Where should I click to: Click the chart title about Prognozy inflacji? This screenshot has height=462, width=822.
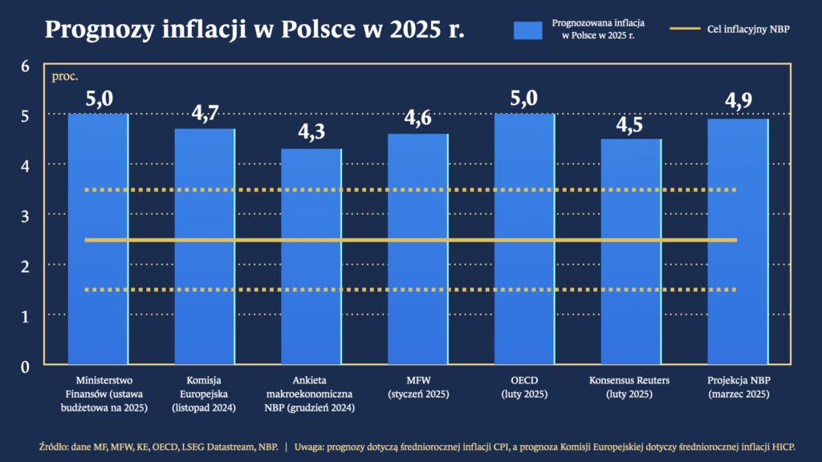(x=254, y=30)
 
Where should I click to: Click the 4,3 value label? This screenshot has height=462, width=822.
(x=311, y=132)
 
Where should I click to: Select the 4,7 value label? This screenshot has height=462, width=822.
(x=205, y=112)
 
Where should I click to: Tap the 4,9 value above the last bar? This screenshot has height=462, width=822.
(x=738, y=102)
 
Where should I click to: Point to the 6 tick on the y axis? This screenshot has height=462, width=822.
(x=25, y=66)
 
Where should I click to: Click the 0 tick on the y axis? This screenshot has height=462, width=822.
(x=25, y=367)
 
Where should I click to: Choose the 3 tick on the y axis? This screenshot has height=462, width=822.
(x=25, y=216)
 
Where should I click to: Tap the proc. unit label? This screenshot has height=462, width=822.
(x=64, y=77)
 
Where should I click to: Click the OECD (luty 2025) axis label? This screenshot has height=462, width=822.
(x=525, y=387)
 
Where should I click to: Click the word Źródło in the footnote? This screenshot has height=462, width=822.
(x=55, y=446)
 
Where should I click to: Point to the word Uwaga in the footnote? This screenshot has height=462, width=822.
(x=313, y=446)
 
